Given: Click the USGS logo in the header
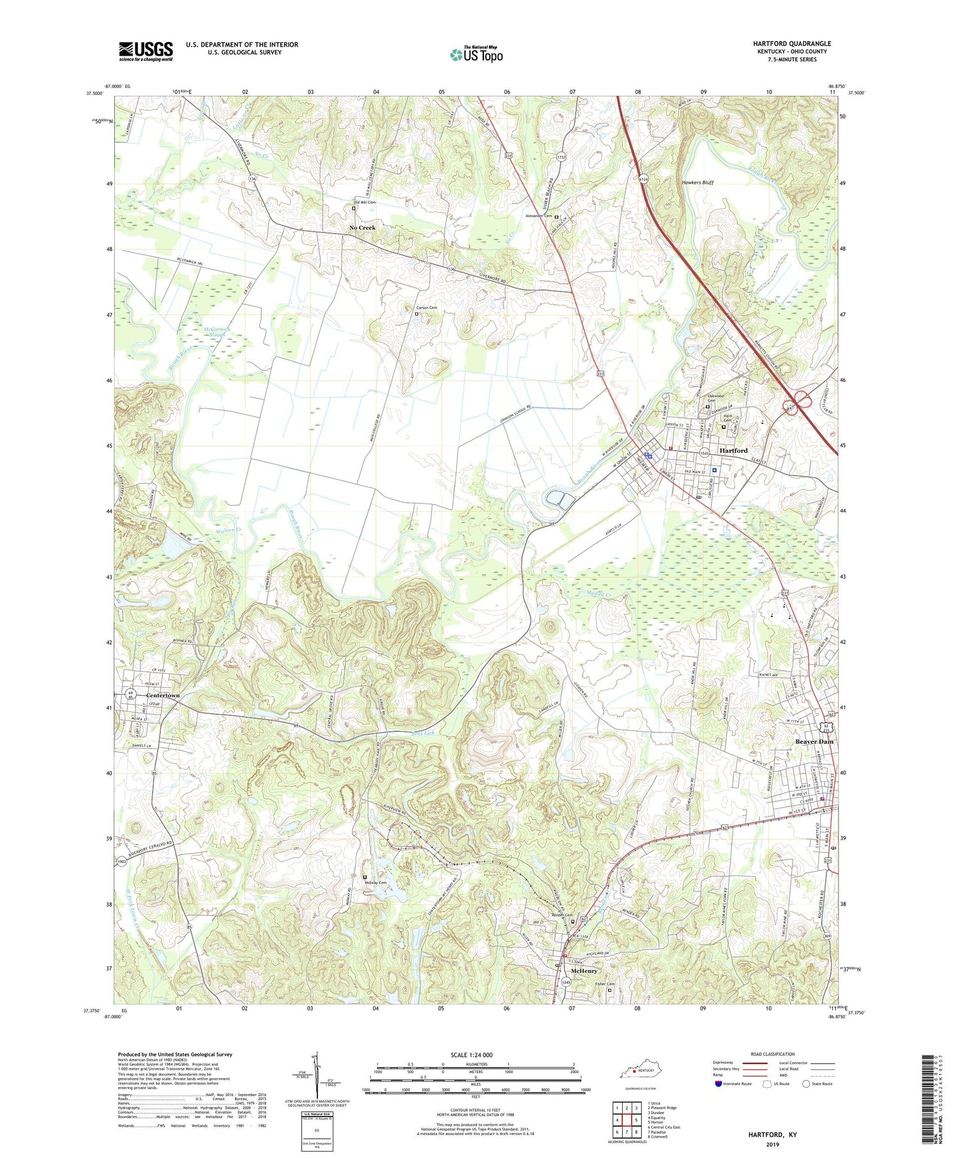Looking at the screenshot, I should pos(146,51).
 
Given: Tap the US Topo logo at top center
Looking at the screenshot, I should pos(476,54).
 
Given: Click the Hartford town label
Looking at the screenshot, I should pos(733,450).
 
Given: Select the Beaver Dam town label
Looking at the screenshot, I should pos(814,742).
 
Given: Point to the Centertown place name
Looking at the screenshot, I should pos(163,695).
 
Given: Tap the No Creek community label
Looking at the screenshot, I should pos(362,227).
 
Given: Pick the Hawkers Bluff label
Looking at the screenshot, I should pos(697,183).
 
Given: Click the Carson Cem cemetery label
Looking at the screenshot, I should pos(429,309).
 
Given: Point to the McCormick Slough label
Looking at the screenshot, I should pos(217,331).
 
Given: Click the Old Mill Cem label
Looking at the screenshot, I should pos(365,202).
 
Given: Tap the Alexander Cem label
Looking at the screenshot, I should pos(538,216).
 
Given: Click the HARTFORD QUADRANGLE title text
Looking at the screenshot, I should pos(791,43).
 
